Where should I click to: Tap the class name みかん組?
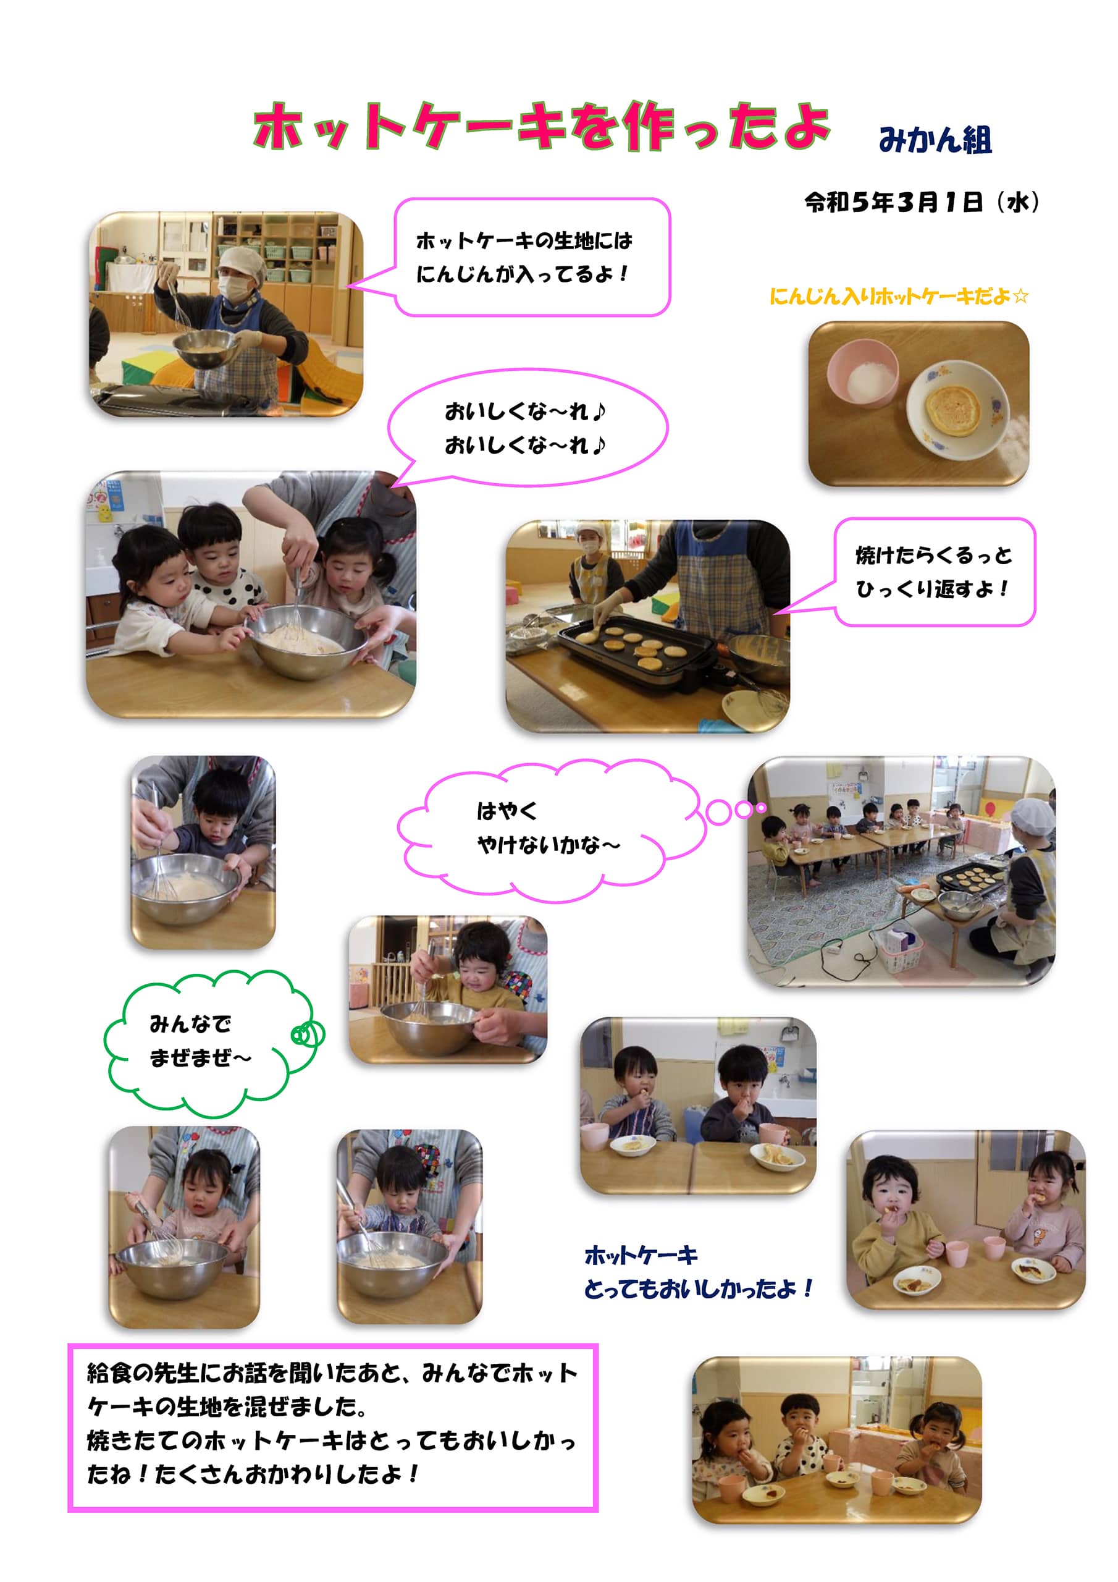(x=935, y=140)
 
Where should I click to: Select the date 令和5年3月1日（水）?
(x=922, y=202)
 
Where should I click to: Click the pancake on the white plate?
(x=952, y=407)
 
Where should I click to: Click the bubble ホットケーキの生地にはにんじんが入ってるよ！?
(x=532, y=257)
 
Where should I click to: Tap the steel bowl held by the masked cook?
(x=204, y=348)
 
